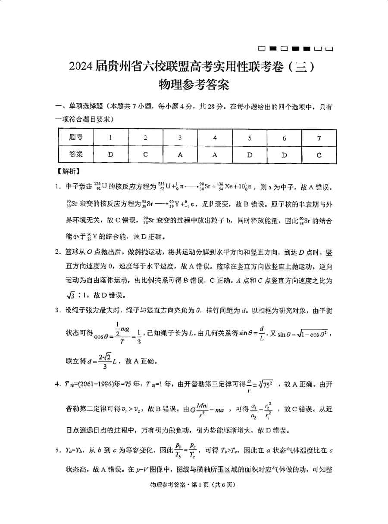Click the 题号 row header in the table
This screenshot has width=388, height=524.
(x=75, y=138)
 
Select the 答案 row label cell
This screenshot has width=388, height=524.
(x=75, y=154)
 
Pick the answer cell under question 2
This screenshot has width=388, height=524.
(x=145, y=154)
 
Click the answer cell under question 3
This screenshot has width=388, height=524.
(x=180, y=154)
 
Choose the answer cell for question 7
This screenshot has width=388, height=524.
(x=319, y=154)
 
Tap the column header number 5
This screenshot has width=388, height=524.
(x=249, y=138)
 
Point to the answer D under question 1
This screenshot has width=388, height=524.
(x=110, y=154)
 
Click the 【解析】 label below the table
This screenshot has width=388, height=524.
(x=68, y=171)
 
